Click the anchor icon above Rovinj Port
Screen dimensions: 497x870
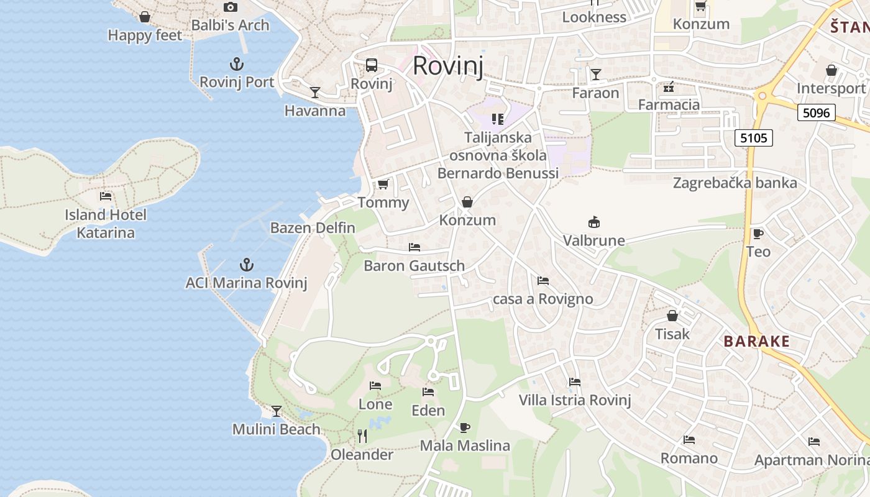(x=236, y=64)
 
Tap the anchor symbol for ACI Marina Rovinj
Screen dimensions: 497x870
(x=247, y=265)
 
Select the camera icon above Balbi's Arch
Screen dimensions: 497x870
(x=231, y=7)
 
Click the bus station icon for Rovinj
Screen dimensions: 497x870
(x=372, y=65)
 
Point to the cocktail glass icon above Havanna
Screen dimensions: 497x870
(x=315, y=93)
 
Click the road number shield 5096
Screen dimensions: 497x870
(x=816, y=112)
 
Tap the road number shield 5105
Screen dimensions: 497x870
(x=753, y=137)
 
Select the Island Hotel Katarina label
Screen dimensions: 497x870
(x=106, y=224)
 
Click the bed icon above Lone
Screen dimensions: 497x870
(x=375, y=386)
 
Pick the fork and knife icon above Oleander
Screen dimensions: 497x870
(x=362, y=436)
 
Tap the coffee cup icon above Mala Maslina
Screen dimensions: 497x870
(x=464, y=427)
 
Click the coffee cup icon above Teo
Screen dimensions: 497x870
(x=758, y=234)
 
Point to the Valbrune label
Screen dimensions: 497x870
(x=594, y=240)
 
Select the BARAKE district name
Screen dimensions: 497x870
(x=756, y=341)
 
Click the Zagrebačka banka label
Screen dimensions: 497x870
(x=735, y=183)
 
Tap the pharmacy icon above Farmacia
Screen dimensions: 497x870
(x=669, y=86)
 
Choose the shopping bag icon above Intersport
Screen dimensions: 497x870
(x=831, y=70)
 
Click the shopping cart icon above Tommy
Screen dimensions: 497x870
(x=383, y=184)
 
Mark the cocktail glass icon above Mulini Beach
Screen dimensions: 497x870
(x=277, y=411)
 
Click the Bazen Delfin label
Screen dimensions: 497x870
(x=313, y=227)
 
